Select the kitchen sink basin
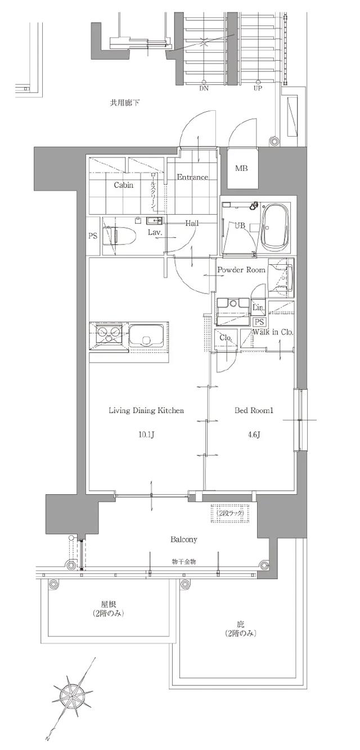146,337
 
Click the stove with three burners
108,337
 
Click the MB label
241,169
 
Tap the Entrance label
192,177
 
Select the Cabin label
124,185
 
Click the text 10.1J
146,435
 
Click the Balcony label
184,540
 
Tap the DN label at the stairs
203,88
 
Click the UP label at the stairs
258,88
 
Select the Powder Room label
241,270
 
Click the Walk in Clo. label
273,332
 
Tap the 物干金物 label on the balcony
184,562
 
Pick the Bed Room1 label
254,410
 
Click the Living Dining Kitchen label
146,410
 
